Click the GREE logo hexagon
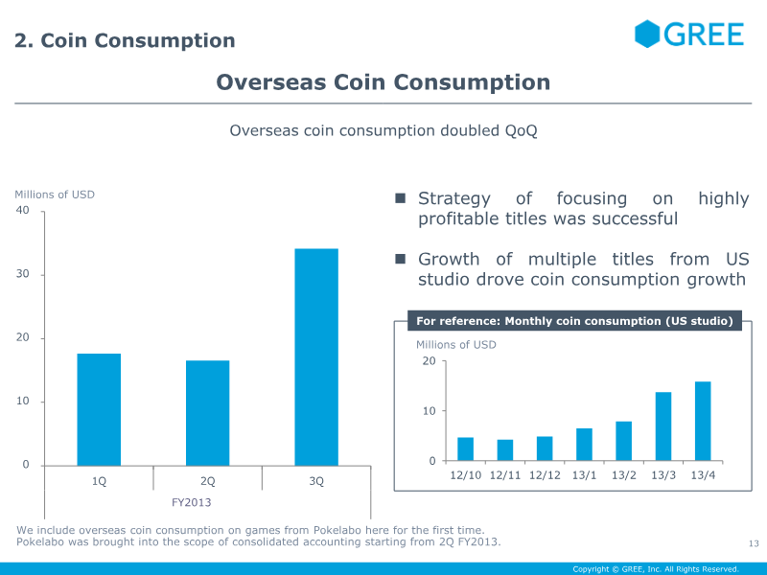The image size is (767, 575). click(648, 34)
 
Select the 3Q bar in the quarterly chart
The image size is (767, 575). click(316, 356)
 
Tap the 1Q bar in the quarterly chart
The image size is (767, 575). click(99, 409)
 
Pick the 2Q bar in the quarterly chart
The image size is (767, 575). click(207, 413)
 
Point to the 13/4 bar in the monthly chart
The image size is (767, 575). click(703, 421)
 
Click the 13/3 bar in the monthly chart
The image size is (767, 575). click(663, 426)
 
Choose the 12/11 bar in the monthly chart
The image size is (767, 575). click(504, 450)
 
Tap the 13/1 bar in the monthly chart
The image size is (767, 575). click(584, 445)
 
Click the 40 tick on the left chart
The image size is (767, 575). click(23, 211)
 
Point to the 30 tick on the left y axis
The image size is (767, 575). click(23, 275)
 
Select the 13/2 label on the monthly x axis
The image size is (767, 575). click(623, 475)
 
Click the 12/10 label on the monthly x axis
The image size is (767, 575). click(465, 475)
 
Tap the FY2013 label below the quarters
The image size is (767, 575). click(192, 502)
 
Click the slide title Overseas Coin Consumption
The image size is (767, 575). click(383, 82)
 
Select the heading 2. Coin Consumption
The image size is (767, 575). click(125, 40)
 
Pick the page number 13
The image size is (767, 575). click(753, 544)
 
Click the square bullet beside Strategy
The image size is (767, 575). click(402, 198)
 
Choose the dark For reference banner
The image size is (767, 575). click(575, 321)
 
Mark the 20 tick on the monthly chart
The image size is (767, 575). click(429, 361)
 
